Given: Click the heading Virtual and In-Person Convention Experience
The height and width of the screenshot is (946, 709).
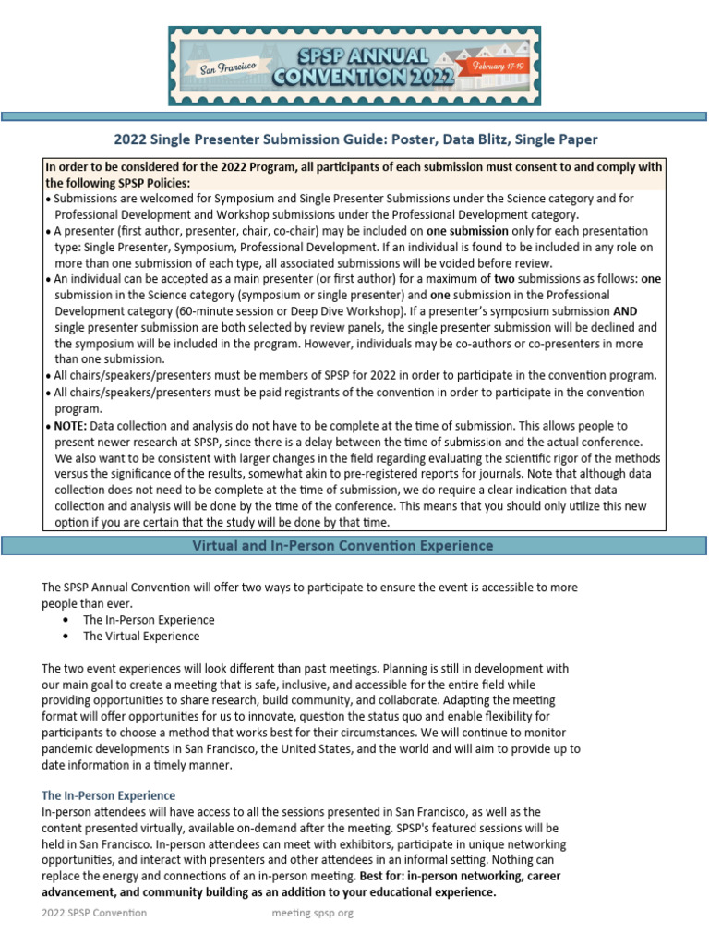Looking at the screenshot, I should (342, 546).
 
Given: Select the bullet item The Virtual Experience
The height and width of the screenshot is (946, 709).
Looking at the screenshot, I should (140, 637).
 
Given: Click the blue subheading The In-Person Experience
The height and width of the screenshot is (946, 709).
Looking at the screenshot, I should (109, 794).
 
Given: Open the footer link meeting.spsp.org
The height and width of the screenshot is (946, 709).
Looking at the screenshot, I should (312, 913).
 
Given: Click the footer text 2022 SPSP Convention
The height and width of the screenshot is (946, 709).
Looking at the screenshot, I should (94, 913).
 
